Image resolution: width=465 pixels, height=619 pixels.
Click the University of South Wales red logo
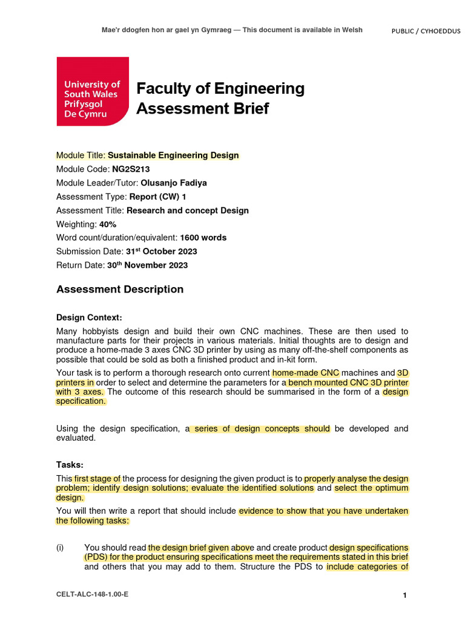click(93, 91)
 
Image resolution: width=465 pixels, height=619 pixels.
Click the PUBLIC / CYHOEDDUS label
click(427, 31)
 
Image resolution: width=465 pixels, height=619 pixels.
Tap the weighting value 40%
click(108, 224)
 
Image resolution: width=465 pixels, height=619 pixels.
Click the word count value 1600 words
click(203, 238)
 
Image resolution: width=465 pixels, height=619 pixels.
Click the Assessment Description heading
click(120, 290)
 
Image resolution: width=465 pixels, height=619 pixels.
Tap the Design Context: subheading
click(89, 317)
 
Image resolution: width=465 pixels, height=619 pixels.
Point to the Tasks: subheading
click(70, 465)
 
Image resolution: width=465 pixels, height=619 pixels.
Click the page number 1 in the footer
click(404, 596)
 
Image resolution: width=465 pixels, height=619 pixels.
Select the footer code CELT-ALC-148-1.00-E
click(92, 595)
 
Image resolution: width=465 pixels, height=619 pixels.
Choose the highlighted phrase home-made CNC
click(306, 373)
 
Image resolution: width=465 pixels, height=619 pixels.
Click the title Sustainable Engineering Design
click(173, 155)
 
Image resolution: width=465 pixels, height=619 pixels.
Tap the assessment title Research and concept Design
click(187, 210)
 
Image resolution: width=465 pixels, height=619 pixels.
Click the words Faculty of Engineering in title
click(220, 89)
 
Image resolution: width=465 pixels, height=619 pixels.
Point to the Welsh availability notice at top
click(232, 30)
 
